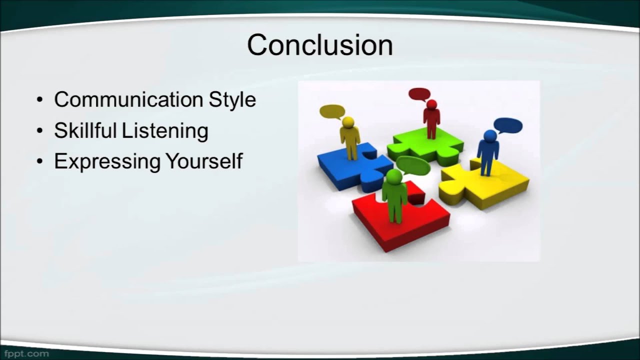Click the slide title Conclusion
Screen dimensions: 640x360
[320, 45]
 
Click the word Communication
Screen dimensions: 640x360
[129, 99]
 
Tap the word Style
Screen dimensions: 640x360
[232, 100]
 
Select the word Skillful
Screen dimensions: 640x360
[85, 130]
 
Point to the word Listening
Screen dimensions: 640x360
[165, 131]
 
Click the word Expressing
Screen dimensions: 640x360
[107, 162]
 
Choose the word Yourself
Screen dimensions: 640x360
[204, 161]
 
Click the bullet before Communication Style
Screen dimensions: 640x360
[39, 100]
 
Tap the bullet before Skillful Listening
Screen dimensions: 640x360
[39, 131]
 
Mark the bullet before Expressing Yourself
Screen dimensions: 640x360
[39, 161]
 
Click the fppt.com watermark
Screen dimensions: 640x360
[26, 354]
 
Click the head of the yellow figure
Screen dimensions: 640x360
[348, 122]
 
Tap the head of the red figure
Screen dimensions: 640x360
[431, 104]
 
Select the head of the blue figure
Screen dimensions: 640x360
[490, 135]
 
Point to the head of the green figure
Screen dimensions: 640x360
[394, 175]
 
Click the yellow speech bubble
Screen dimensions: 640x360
[332, 111]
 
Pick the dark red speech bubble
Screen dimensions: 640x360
[419, 94]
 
